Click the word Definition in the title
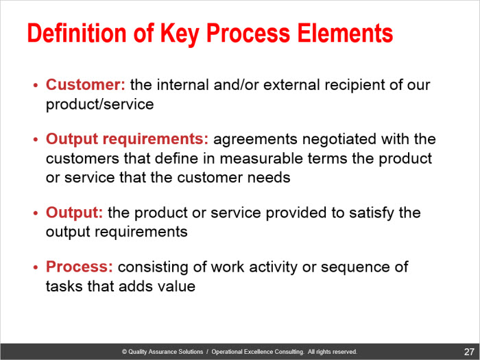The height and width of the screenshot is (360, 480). [x=77, y=33]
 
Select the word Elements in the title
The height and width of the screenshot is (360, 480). [x=345, y=33]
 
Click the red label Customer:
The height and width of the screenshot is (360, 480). [x=86, y=84]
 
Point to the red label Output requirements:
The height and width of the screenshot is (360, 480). [x=127, y=140]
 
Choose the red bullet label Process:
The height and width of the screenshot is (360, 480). [x=80, y=266]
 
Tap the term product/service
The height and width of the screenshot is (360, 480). [x=100, y=104]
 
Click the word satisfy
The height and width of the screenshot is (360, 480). [x=372, y=213]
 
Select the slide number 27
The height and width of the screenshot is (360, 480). [x=468, y=352]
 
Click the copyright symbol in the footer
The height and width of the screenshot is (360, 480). [x=124, y=352]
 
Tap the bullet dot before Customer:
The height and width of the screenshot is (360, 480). [x=36, y=85]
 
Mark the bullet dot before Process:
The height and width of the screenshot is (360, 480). [x=36, y=267]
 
